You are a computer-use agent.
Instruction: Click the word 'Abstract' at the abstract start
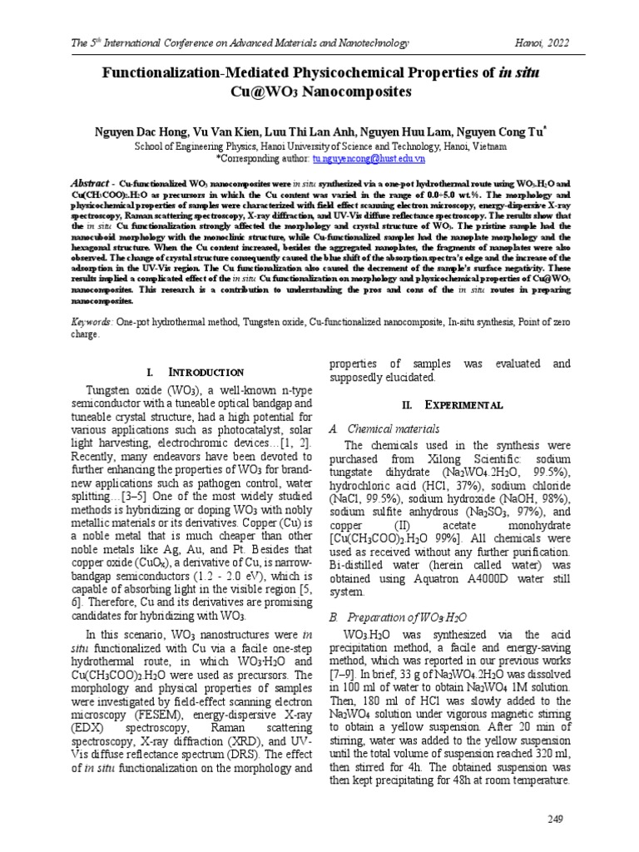[90, 181]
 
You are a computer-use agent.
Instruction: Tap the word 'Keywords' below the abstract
[87, 320]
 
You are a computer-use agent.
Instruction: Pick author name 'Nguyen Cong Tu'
[495, 131]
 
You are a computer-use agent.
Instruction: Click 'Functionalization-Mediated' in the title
[184, 73]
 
